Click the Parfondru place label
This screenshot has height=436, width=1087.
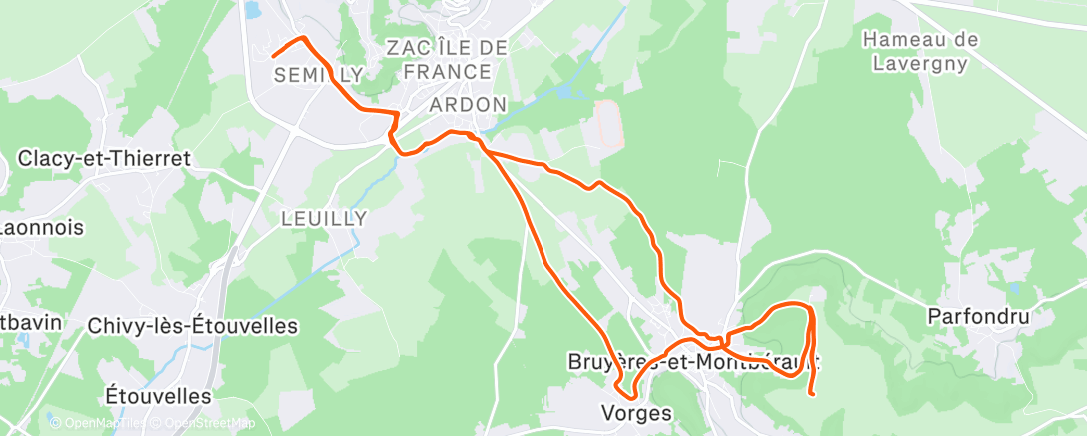[x=977, y=317]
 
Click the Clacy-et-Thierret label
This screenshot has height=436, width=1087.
[x=104, y=159]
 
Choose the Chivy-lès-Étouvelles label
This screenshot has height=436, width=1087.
[x=193, y=326]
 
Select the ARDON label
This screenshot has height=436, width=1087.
[x=468, y=105]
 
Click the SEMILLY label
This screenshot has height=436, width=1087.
[x=317, y=75]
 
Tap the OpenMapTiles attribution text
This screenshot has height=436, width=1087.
[x=96, y=424]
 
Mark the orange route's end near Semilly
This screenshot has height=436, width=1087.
[x=272, y=54]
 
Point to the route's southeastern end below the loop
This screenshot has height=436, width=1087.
[x=815, y=394]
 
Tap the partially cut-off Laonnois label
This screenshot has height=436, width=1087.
[x=27, y=228]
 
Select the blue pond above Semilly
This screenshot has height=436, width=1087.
[x=251, y=10]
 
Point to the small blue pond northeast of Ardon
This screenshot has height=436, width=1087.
[x=566, y=91]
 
